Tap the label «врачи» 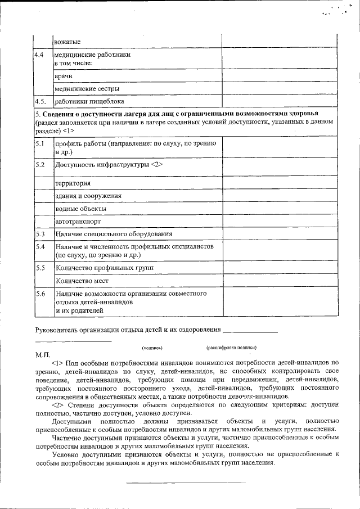pos(64,76)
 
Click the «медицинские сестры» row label pos(87,89)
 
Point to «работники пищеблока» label pos(89,102)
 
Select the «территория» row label pos(73,183)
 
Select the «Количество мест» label pos(82,280)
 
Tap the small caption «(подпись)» pos(152,348)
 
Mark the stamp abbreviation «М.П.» pos(43,355)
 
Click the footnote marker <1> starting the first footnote pos(58,363)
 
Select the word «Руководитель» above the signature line pos(57,329)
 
